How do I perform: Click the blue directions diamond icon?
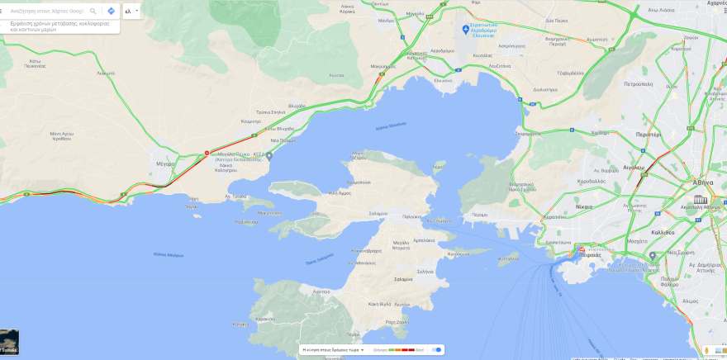(x=111, y=11)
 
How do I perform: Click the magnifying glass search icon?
(x=93, y=11)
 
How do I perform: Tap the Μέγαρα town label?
(x=165, y=163)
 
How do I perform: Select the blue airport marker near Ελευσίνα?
(x=465, y=30)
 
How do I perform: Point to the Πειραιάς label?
(x=590, y=255)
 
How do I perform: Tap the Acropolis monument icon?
(x=701, y=199)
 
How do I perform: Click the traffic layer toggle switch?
(x=435, y=349)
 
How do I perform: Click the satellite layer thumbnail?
(x=9, y=340)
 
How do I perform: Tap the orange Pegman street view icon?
(x=708, y=349)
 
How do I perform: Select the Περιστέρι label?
(x=649, y=133)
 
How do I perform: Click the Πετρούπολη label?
(x=639, y=83)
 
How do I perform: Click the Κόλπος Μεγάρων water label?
(x=169, y=254)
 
